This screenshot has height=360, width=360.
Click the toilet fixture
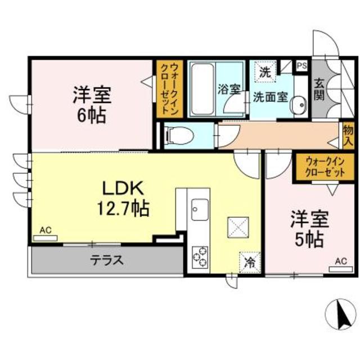pyautogui.click(x=180, y=136)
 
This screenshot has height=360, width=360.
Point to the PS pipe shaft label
pyautogui.click(x=301, y=65)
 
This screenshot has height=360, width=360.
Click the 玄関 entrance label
pyautogui.click(x=319, y=88)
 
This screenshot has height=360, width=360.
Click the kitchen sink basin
pyautogui.click(x=199, y=211)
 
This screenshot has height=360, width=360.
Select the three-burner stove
pyautogui.click(x=200, y=256)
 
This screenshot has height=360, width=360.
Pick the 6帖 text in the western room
pyautogui.click(x=92, y=115)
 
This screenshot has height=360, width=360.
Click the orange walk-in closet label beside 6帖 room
pyautogui.click(x=168, y=88)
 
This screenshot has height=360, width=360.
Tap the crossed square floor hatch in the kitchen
pyautogui.click(x=236, y=227)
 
